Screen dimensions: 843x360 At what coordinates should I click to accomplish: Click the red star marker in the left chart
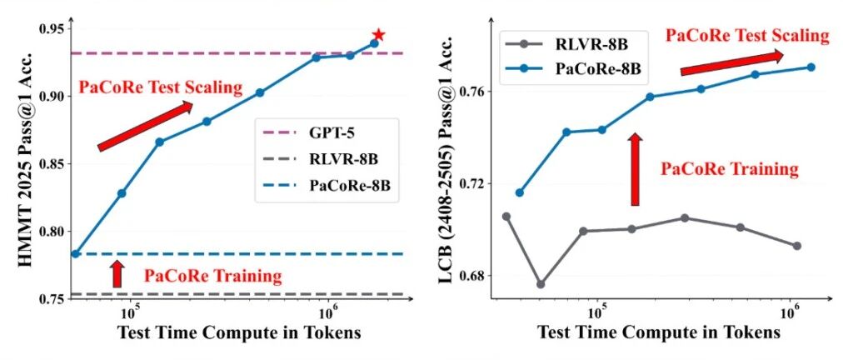[378, 35]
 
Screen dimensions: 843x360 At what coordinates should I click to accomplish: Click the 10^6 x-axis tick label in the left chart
[328, 312]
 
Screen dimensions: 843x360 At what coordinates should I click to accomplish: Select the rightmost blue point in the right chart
[811, 67]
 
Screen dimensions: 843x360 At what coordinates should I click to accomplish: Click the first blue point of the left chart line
[76, 254]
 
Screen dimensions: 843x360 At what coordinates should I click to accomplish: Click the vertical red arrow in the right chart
[635, 169]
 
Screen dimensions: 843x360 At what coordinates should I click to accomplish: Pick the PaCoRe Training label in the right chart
[729, 169]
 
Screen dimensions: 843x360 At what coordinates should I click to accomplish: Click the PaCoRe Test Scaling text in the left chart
[161, 87]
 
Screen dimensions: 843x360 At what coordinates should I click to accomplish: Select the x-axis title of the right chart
[659, 332]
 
